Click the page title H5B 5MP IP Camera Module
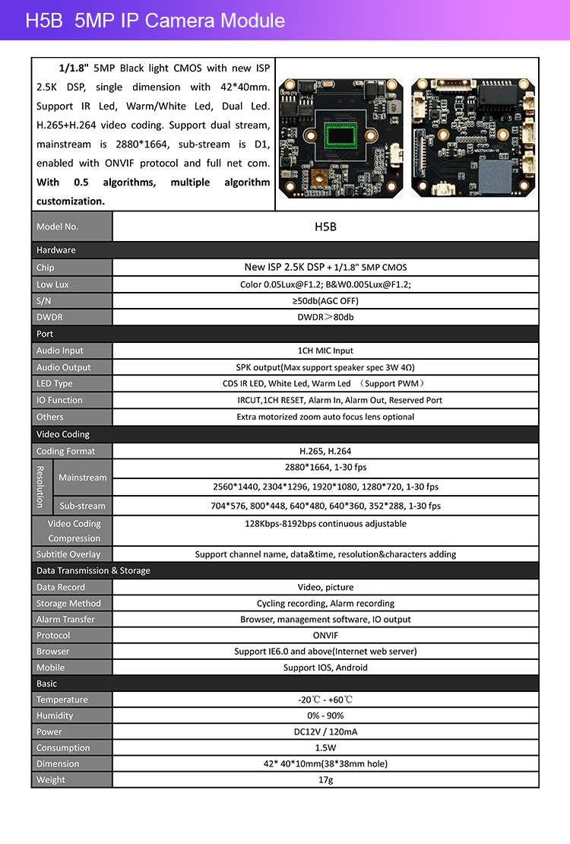click(155, 21)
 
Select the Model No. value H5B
click(325, 227)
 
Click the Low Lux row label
click(52, 284)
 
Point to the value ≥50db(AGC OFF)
click(325, 301)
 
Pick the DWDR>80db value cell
click(325, 317)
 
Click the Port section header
click(45, 334)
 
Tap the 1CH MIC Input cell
click(325, 351)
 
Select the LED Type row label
click(55, 384)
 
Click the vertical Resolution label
click(40, 487)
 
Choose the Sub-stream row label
click(82, 506)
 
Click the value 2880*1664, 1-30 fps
click(325, 468)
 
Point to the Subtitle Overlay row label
click(68, 554)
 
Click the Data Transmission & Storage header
click(93, 571)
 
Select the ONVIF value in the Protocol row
click(325, 636)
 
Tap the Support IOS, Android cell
click(325, 668)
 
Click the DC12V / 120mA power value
click(325, 731)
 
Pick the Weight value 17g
click(325, 779)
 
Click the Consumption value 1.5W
click(325, 748)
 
